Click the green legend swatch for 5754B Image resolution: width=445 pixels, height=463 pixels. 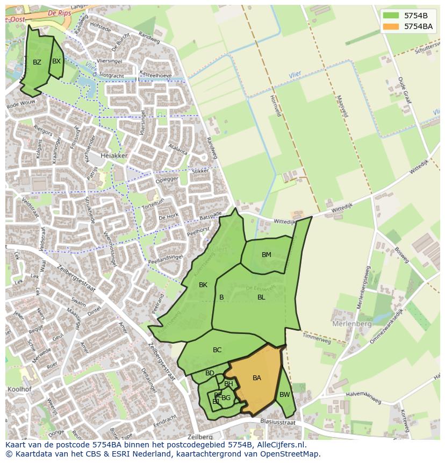point(391,15)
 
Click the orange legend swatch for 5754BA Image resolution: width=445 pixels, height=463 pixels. point(391,26)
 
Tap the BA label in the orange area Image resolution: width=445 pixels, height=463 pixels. point(257,378)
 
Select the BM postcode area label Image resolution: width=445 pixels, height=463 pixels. point(267,255)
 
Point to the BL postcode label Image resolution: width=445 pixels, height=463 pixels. point(261,297)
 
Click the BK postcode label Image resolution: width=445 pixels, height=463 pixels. point(203,285)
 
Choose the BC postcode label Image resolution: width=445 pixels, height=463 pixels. point(217,350)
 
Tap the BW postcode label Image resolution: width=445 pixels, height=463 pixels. point(284,395)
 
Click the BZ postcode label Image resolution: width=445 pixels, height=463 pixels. point(37,62)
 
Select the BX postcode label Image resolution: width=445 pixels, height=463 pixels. point(56,61)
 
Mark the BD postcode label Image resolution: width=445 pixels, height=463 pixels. point(210,373)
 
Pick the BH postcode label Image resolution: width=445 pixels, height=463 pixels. point(228,384)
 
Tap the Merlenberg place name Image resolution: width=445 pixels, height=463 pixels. point(352,324)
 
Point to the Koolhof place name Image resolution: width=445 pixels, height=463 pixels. point(20,391)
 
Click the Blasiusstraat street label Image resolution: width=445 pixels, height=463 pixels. point(278,422)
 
